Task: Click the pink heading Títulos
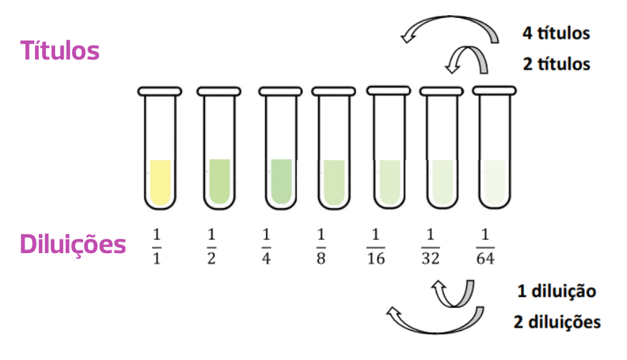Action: [x=59, y=51]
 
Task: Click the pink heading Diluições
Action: [x=73, y=244]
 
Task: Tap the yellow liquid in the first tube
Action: [x=161, y=182]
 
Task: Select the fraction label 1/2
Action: [x=211, y=247]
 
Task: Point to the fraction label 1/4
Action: [x=267, y=247]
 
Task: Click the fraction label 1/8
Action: [x=321, y=247]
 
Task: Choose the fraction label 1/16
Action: [x=376, y=247]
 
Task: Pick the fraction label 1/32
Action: [x=430, y=247]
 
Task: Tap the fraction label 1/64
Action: [x=485, y=247]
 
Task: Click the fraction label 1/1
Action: [x=156, y=247]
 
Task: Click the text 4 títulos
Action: [x=556, y=33]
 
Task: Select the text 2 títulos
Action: [x=556, y=64]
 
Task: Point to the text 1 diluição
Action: [x=557, y=291]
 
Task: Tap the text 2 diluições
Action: [x=557, y=322]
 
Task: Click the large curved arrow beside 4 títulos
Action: [x=450, y=18]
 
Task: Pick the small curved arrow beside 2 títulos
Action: [x=468, y=48]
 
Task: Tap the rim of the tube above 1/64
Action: [x=494, y=91]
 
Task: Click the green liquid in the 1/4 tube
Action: [x=281, y=181]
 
